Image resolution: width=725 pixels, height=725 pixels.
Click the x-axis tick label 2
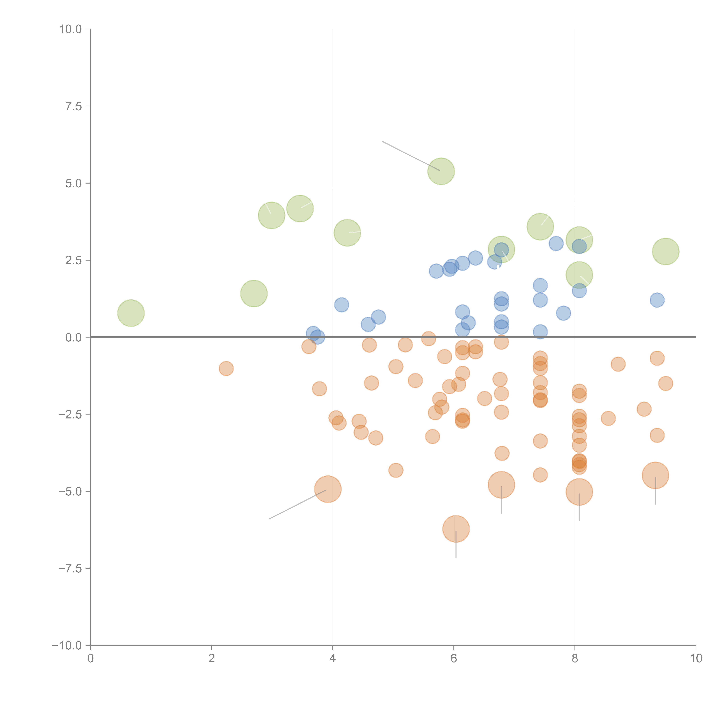[212, 658]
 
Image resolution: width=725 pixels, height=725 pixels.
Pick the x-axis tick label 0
[90, 658]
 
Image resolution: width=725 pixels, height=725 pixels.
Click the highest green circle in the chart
[441, 171]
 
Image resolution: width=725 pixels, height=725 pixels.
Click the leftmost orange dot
[226, 368]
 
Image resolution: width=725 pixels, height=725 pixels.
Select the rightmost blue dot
[657, 300]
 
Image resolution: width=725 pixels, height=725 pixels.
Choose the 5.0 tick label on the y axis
[74, 183]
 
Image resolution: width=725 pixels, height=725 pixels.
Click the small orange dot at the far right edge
[665, 383]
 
